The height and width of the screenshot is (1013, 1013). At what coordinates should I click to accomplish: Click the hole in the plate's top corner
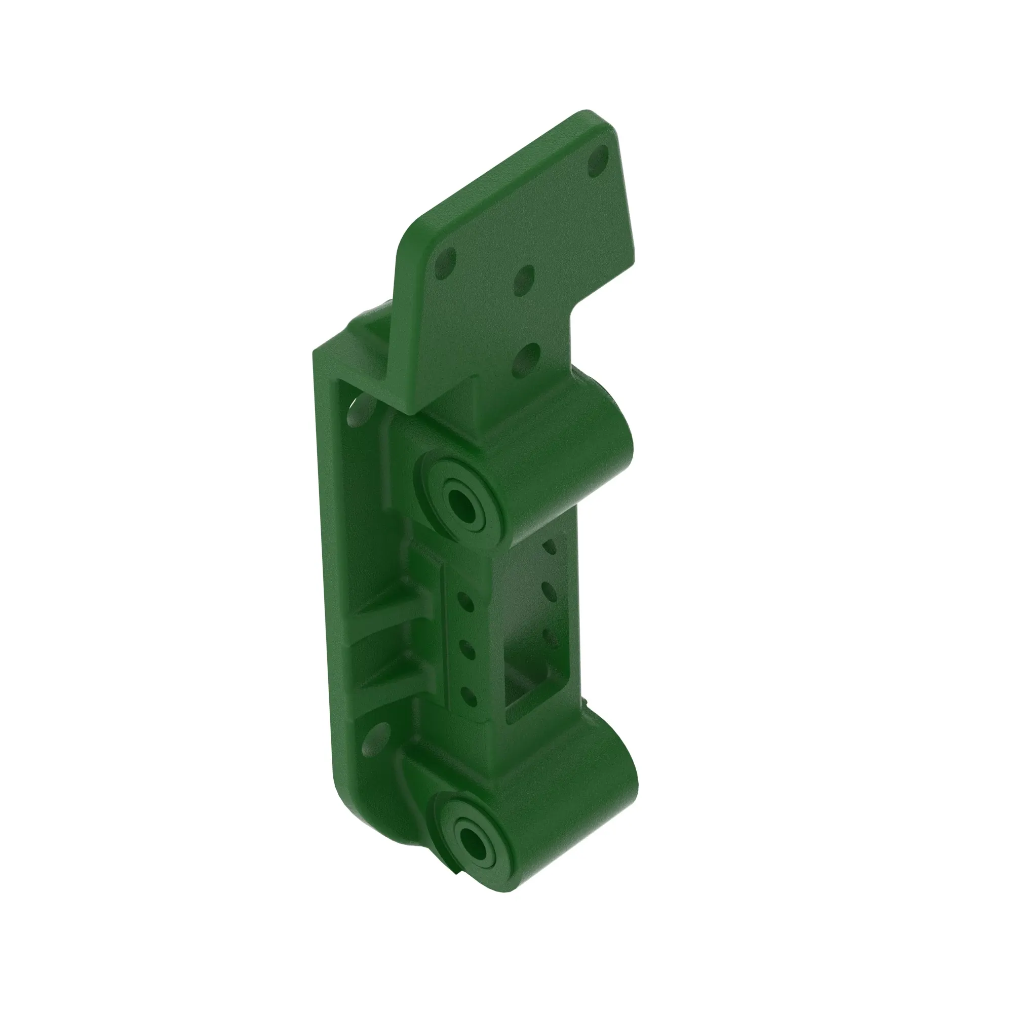(x=598, y=161)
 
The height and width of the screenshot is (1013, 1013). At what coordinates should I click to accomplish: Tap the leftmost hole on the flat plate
(x=445, y=263)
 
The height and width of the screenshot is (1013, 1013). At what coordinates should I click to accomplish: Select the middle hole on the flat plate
(x=524, y=280)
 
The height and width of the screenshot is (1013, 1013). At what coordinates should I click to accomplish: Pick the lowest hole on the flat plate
(x=526, y=360)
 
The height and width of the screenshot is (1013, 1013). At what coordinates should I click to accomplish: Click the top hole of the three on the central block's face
(x=465, y=602)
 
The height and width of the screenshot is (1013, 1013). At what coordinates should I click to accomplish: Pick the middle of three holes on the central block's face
(x=466, y=650)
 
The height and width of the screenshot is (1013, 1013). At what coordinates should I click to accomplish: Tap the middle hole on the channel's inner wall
(x=549, y=591)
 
